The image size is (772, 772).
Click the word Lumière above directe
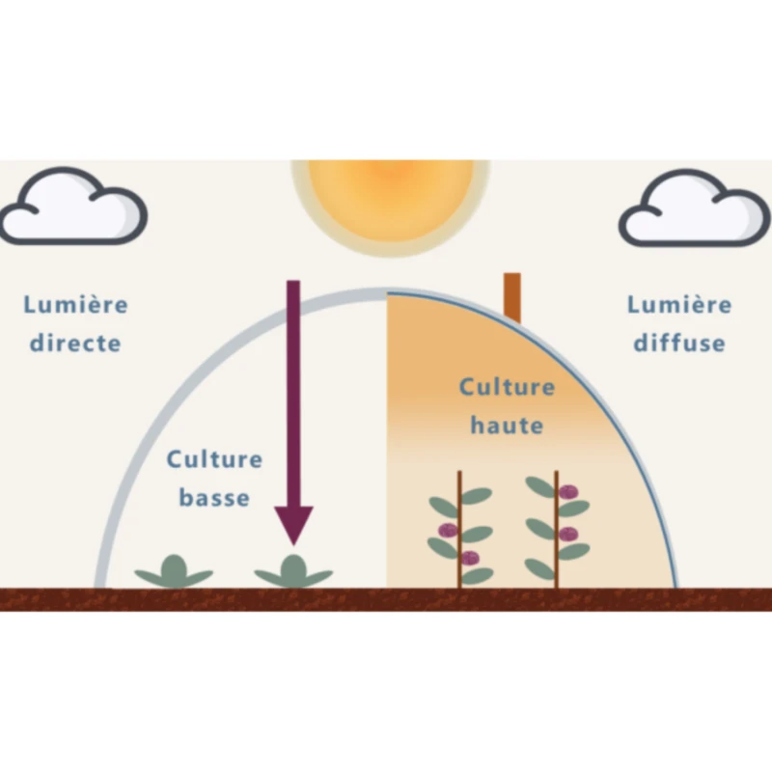click(x=75, y=306)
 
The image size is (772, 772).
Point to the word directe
click(x=75, y=343)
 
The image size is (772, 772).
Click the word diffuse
click(x=679, y=343)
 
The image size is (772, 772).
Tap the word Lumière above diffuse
click(x=679, y=306)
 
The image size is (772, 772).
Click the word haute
click(x=507, y=425)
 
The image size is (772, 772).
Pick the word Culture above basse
click(x=214, y=458)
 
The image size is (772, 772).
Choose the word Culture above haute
click(x=507, y=388)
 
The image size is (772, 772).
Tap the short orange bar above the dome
click(x=511, y=296)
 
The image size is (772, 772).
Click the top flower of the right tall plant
click(x=569, y=492)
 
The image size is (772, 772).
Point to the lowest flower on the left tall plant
click(x=469, y=558)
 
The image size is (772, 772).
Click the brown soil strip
click(x=386, y=598)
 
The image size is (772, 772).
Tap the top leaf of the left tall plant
click(x=476, y=496)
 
